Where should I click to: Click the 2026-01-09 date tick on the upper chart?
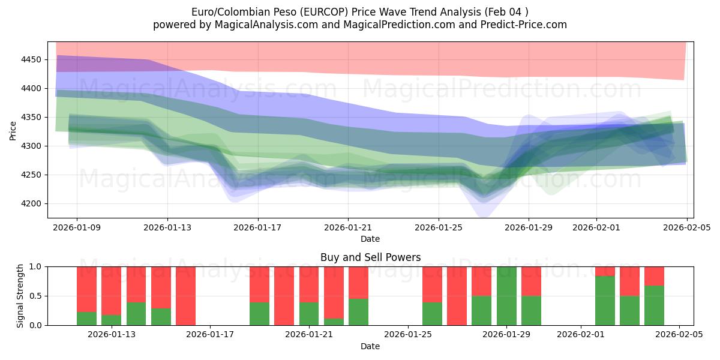[77, 227]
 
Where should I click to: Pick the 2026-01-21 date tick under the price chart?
[348, 227]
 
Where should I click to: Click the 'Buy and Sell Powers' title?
[370, 257]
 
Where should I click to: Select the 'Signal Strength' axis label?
[21, 296]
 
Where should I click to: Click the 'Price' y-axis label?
[13, 130]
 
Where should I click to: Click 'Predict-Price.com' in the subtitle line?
[520, 25]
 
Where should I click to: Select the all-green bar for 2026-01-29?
[506, 296]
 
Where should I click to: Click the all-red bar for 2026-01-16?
[185, 296]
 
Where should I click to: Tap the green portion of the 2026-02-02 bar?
[605, 301]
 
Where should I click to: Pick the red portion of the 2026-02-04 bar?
[654, 275]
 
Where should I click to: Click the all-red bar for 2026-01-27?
[457, 296]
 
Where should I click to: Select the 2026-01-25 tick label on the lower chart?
[408, 334]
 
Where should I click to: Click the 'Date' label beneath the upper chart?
[370, 239]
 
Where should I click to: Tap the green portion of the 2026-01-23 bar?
[358, 312]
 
